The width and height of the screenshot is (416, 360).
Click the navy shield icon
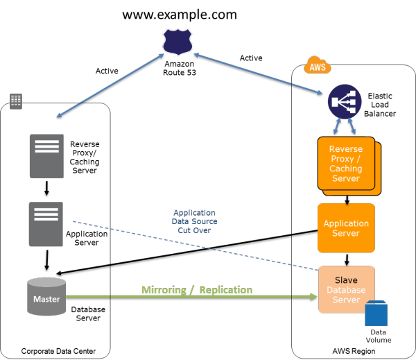click(x=177, y=42)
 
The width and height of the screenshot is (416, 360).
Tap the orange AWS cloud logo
click(x=318, y=66)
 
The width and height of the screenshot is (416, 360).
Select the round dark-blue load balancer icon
click(x=345, y=102)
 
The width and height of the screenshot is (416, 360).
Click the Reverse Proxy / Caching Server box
click(x=346, y=164)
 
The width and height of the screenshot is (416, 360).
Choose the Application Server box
click(x=346, y=228)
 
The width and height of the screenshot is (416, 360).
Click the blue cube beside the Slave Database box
click(x=376, y=314)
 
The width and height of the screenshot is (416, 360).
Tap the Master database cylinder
click(x=46, y=298)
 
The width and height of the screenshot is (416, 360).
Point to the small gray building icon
click(x=16, y=101)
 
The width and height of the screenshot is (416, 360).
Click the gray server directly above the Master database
click(x=46, y=224)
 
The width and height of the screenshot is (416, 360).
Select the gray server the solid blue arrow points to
click(x=46, y=156)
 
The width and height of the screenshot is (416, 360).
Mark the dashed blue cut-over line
click(x=194, y=246)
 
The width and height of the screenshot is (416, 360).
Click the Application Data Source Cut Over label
click(x=194, y=221)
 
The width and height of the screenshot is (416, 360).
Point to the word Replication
click(x=225, y=290)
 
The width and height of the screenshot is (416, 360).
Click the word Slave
click(x=346, y=280)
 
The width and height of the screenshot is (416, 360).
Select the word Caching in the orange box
click(x=345, y=169)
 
